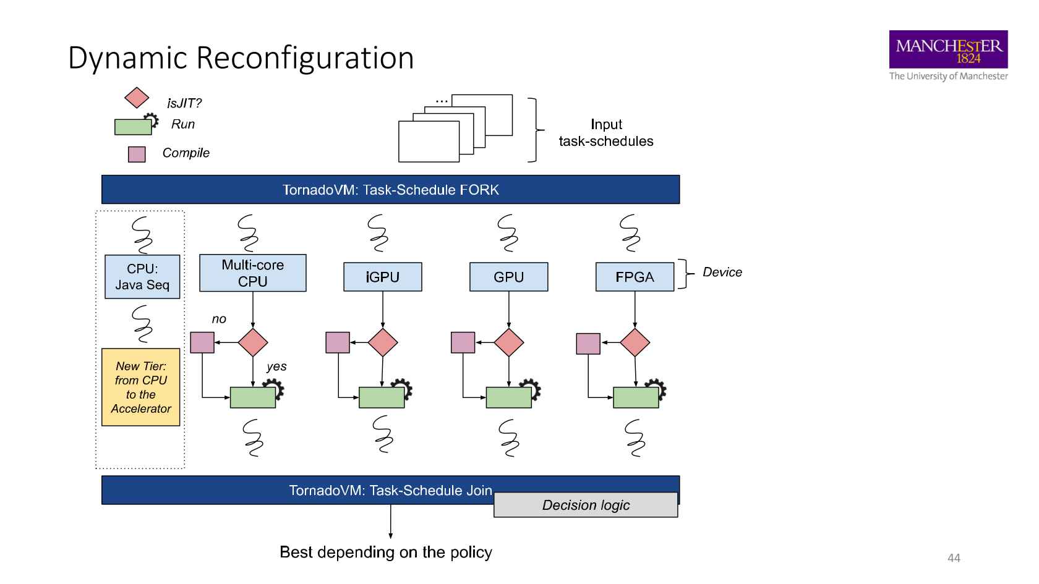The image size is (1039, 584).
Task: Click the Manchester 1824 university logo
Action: [948, 50]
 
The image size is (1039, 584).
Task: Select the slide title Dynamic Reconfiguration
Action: [241, 57]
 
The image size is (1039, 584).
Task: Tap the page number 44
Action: [954, 558]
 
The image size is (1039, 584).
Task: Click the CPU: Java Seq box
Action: [142, 277]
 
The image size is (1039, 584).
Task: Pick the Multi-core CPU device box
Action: [252, 273]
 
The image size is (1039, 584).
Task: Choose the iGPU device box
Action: [382, 277]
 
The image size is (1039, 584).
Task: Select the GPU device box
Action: [508, 277]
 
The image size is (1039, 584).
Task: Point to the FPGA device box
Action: [635, 277]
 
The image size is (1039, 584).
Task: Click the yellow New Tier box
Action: [141, 387]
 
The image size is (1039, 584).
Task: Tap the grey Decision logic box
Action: [586, 505]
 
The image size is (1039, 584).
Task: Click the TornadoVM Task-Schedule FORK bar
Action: [390, 190]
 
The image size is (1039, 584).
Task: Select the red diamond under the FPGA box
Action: [635, 343]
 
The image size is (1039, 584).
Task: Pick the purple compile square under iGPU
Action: [338, 343]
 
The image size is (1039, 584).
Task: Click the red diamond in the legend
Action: [137, 98]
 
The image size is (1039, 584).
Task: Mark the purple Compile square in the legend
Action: [137, 154]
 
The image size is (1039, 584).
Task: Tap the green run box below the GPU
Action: [508, 397]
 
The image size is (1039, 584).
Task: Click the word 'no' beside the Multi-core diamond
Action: [219, 320]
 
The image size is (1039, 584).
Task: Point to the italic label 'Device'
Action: [722, 273]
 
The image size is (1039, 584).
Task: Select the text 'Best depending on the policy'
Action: [386, 552]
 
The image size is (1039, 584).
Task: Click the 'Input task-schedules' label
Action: [606, 133]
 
